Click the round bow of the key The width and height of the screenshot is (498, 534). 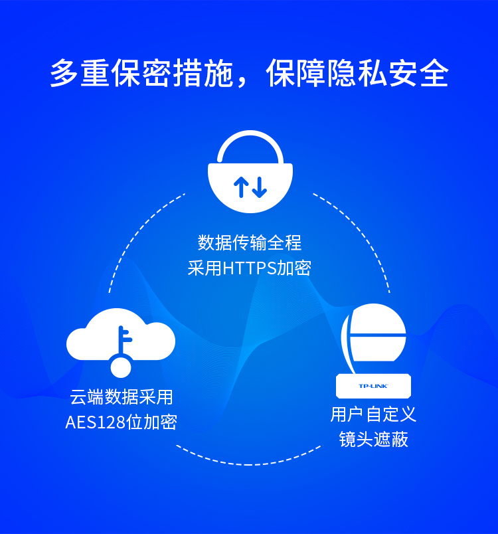121,365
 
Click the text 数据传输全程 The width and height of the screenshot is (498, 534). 250,242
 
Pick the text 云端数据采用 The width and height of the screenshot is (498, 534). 122,397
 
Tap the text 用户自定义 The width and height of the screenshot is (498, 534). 373,414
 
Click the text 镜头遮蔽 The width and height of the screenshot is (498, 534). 373,439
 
